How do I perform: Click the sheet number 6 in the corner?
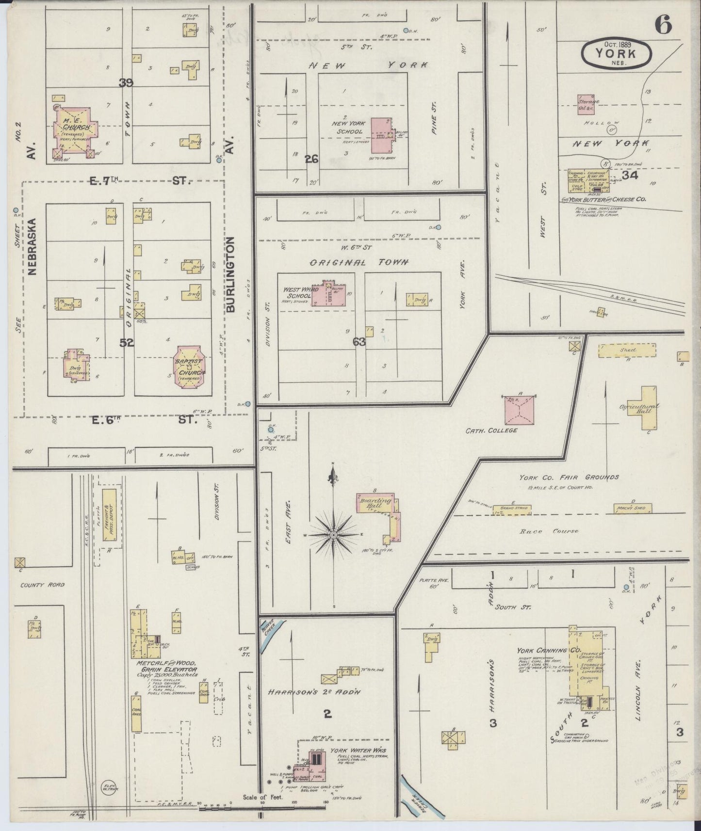tap(663, 24)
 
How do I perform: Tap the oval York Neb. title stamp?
tap(617, 53)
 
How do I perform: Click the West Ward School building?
tap(328, 294)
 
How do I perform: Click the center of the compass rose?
tap(333, 534)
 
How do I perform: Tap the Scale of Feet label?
tap(261, 797)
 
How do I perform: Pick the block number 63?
tap(359, 342)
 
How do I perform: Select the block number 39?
tap(126, 83)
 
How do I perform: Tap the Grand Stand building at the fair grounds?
tap(512, 510)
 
